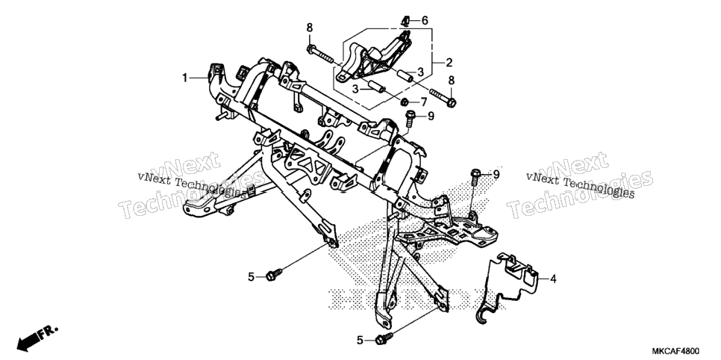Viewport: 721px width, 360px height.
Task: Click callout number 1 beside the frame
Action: click(x=185, y=78)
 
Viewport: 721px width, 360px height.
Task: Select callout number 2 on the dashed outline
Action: click(x=449, y=62)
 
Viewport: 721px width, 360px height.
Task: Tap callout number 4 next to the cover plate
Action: click(x=553, y=279)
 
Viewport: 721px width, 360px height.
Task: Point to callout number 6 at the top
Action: click(x=425, y=20)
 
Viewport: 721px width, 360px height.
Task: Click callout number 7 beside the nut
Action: click(x=424, y=102)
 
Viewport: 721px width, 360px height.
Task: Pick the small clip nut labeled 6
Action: click(x=405, y=20)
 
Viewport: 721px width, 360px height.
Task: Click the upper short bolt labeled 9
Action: click(x=411, y=118)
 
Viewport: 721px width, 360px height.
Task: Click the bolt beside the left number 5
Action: click(x=274, y=275)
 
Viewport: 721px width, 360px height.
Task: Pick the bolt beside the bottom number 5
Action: click(x=384, y=339)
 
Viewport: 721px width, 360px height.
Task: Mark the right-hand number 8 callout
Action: click(x=451, y=80)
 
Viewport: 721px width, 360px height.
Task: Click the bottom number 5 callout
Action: click(x=360, y=341)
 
